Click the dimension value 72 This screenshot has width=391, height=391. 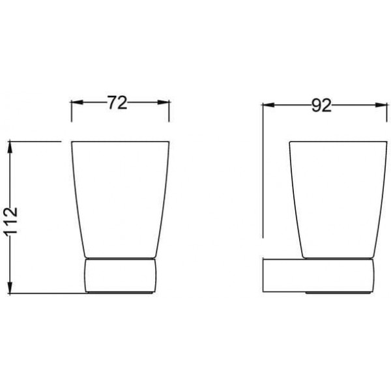[117, 102]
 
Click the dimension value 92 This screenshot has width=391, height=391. [321, 106]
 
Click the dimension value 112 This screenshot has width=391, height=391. [10, 220]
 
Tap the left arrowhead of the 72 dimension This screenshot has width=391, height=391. [77, 102]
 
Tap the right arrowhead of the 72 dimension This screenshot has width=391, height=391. [164, 102]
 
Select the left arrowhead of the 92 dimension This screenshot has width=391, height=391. [268, 105]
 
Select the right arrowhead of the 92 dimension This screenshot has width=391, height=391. [381, 105]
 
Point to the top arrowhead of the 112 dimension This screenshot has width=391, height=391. [10, 147]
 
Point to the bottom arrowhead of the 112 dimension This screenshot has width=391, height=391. [10, 287]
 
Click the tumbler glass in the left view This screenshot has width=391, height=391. [121, 199]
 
